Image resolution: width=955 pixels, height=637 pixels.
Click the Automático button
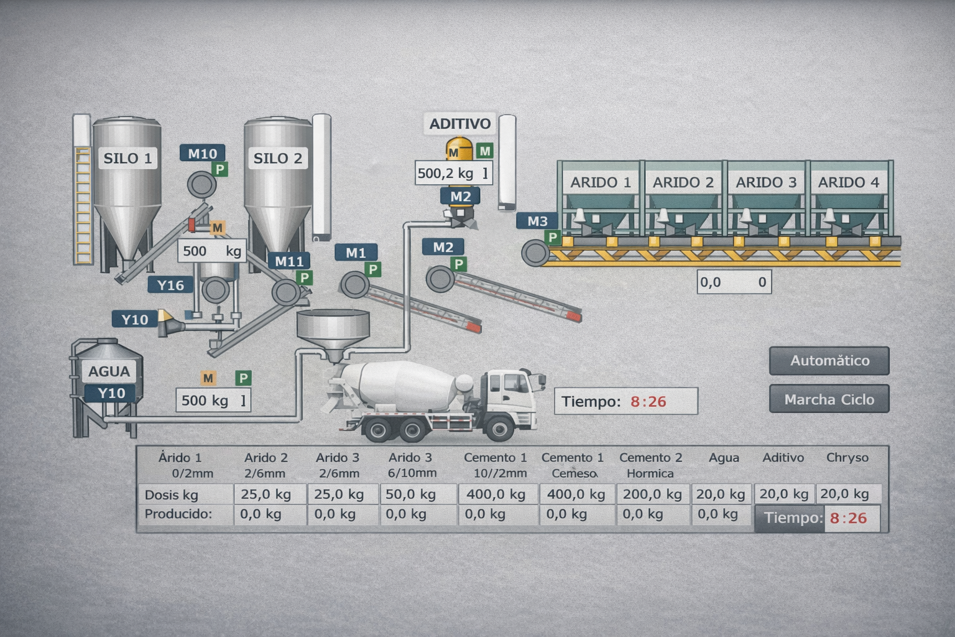point(829,361)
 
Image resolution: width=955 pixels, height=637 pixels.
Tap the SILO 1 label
point(127,158)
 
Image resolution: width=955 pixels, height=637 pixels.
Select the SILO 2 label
point(277,158)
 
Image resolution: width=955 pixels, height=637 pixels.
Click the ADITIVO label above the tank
point(460,124)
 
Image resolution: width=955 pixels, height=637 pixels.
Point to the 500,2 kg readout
point(453,173)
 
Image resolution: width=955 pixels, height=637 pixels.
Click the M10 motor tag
point(202,154)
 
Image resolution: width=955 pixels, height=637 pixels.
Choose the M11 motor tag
point(289,261)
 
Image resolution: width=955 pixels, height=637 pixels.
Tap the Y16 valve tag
point(170,285)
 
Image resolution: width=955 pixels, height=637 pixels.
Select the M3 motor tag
point(537,221)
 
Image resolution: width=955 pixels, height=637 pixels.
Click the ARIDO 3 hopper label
point(766,182)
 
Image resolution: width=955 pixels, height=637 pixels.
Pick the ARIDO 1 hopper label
point(601,182)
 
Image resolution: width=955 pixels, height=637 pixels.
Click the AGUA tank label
point(109,371)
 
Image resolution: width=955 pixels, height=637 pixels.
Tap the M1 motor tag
point(356,253)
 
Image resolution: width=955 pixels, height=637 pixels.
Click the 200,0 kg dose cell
point(652,495)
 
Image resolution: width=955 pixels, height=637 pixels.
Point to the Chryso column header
point(847,458)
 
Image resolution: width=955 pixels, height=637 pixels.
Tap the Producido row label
point(178,514)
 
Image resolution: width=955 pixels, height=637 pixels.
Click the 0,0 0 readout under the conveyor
point(734,282)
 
